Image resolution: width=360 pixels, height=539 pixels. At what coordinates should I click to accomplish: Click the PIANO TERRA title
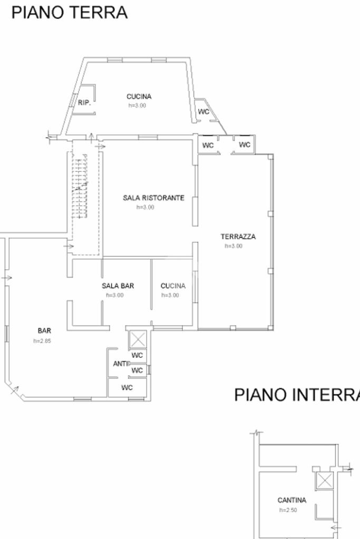tap(70, 12)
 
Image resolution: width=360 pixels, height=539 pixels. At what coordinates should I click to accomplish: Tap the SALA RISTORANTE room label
tap(153, 198)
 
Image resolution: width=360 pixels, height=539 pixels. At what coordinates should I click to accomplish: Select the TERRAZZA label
tap(238, 237)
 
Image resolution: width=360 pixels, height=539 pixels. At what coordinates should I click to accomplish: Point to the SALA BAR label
tap(118, 286)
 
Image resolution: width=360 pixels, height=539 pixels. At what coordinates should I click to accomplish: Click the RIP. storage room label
tap(84, 103)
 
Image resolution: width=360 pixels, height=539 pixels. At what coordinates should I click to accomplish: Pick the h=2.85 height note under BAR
tap(42, 341)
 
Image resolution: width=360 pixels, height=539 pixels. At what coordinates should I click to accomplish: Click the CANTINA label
tap(291, 500)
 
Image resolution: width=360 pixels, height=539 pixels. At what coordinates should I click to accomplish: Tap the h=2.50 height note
tap(289, 510)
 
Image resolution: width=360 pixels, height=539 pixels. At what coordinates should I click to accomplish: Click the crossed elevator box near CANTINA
tap(325, 481)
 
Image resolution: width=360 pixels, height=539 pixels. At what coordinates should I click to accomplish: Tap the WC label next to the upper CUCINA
tap(203, 112)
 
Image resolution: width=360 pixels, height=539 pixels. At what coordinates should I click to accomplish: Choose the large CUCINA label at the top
tap(139, 96)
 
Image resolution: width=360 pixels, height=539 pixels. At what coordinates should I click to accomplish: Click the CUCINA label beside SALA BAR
tap(173, 286)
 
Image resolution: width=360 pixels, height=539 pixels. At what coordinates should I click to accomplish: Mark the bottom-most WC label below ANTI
tap(127, 388)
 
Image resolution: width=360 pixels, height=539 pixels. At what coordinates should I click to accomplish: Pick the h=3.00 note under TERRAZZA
tap(233, 246)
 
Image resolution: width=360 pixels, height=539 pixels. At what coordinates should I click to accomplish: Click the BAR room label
tap(44, 331)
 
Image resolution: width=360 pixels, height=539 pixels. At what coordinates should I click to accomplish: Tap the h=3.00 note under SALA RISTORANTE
tap(145, 208)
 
